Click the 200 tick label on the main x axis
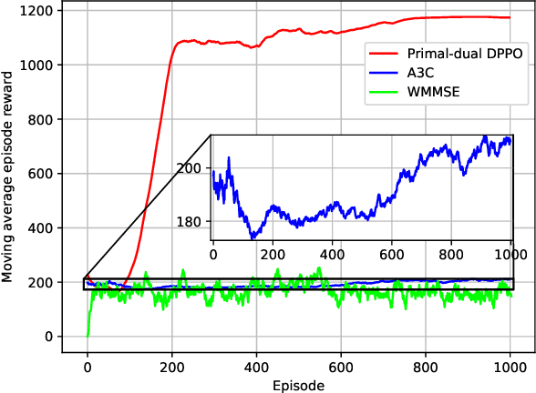[x=171, y=369]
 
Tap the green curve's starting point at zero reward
[x=88, y=336]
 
